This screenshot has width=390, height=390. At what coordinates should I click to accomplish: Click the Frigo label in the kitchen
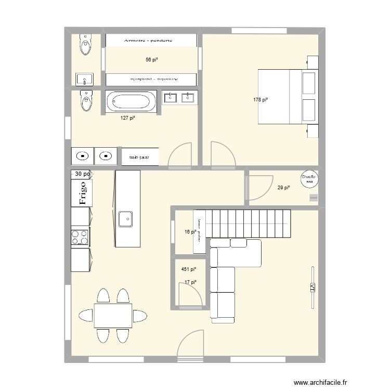82,193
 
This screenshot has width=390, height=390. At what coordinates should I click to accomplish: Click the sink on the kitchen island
126,219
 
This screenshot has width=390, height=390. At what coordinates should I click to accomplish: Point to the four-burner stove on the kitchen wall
80,237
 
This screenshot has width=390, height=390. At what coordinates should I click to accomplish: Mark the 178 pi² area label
261,100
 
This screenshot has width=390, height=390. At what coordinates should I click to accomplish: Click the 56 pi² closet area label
151,60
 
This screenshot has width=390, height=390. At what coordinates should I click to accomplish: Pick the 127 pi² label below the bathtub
128,118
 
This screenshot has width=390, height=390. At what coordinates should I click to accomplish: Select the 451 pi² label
188,269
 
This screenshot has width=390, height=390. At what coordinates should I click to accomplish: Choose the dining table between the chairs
113,316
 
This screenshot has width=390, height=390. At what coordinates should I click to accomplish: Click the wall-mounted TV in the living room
313,288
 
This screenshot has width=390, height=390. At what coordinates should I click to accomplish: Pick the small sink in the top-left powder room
84,79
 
